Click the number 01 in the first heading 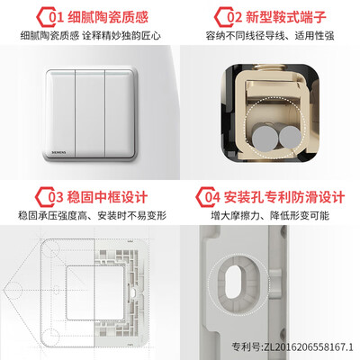tap(57, 17)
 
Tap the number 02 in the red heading tap(234, 17)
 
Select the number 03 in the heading tap(56, 197)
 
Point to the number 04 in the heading tap(212, 197)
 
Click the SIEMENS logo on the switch tap(58, 152)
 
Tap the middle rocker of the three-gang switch tap(90, 113)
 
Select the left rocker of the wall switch tap(60, 113)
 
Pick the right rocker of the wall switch tap(119, 113)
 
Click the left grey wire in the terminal tap(265, 138)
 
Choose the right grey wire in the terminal tap(290, 137)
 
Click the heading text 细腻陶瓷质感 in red tap(108, 17)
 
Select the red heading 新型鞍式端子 tap(286, 17)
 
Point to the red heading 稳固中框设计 tap(107, 197)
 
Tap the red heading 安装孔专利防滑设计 tap(283, 197)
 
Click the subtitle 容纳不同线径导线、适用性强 tap(270, 36)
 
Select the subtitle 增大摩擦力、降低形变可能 tap(270, 215)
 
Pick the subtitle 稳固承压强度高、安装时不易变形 tap(92, 215)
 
